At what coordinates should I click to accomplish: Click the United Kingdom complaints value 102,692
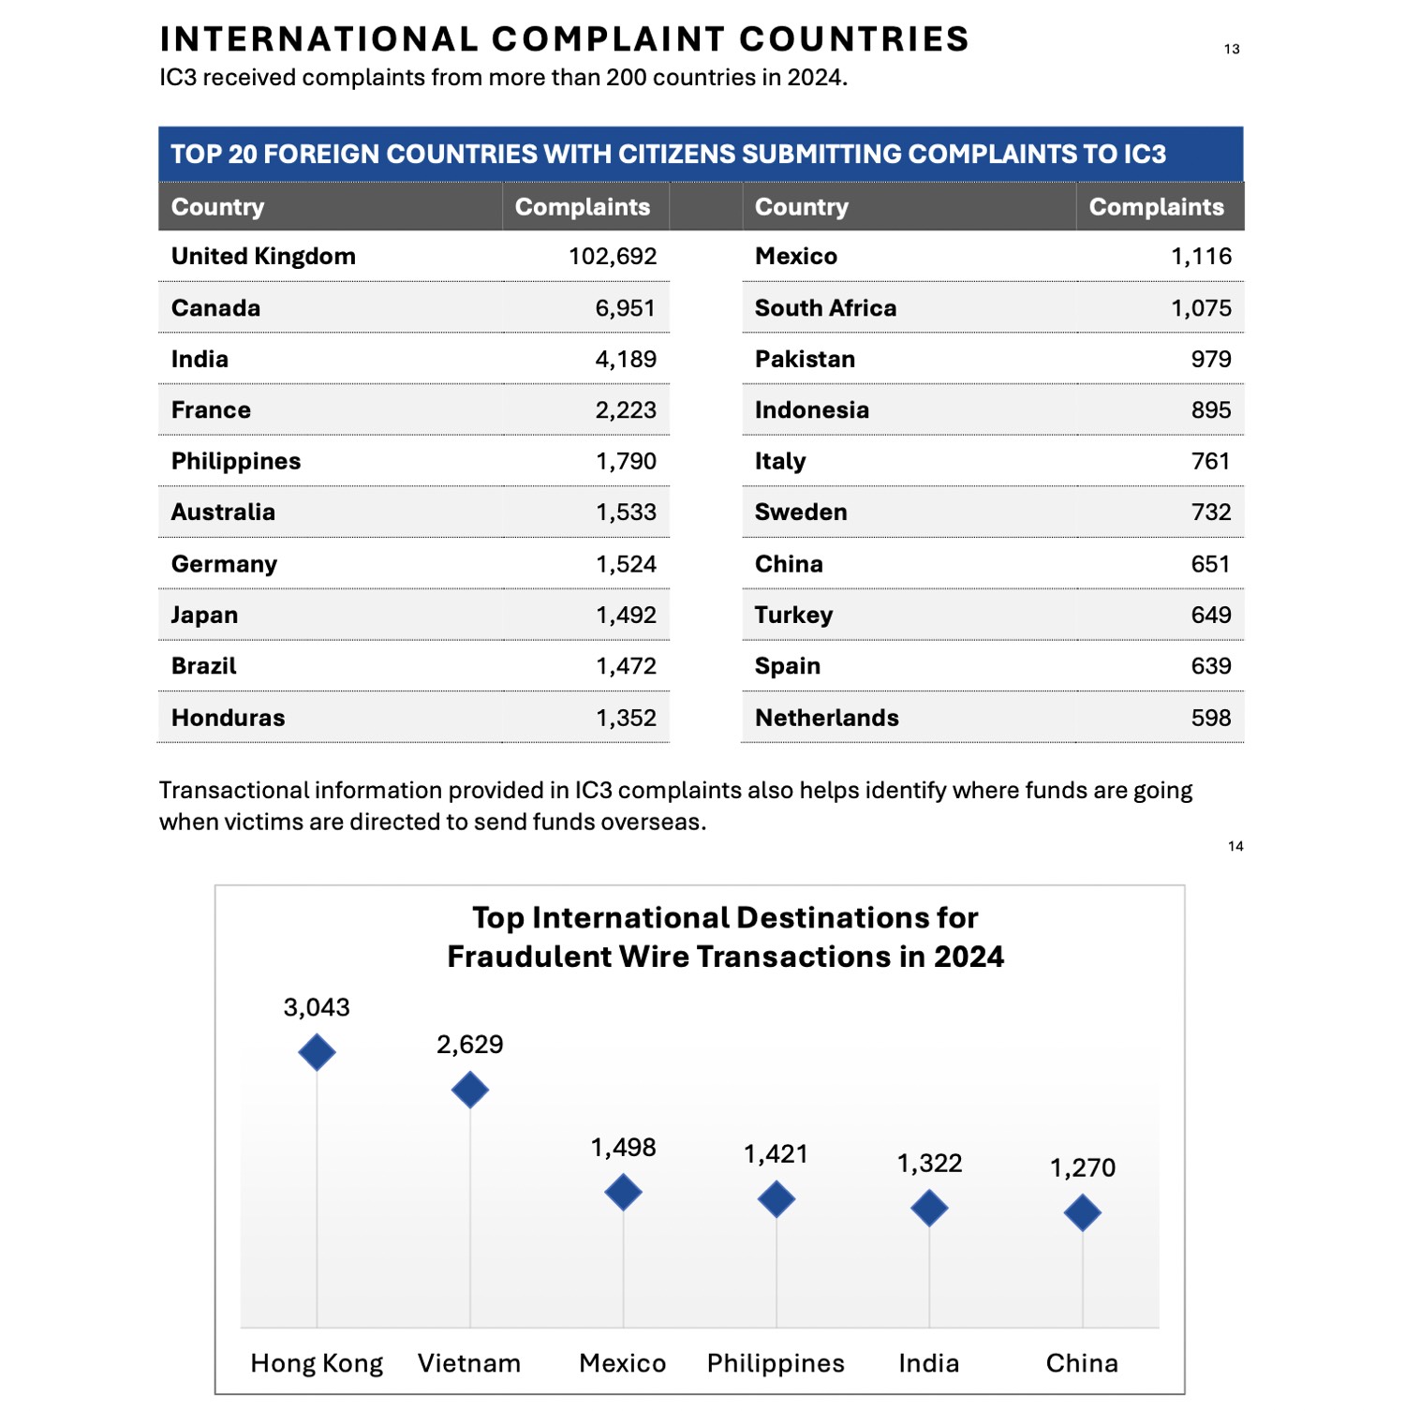coord(613,257)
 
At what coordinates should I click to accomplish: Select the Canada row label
coord(215,308)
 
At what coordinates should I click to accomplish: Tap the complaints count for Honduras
coord(627,719)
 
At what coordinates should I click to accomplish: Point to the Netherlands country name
coord(827,718)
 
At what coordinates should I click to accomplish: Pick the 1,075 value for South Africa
coord(1202,308)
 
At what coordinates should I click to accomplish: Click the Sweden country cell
coord(801,512)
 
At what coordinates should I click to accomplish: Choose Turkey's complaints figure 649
coord(1211,616)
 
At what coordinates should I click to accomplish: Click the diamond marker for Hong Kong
coord(317,1052)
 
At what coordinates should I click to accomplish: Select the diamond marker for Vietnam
coord(470,1090)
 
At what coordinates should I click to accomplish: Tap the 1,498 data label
coord(623,1148)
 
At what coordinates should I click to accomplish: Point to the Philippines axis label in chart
coord(776,1363)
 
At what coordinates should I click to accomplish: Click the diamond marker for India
coord(929,1209)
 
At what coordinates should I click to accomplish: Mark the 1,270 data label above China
coord(1083,1168)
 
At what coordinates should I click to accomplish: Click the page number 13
coord(1232,49)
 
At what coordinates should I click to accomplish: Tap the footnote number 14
coord(1235,846)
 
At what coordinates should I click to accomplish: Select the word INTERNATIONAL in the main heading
coord(319,39)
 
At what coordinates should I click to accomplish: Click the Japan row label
coord(204,616)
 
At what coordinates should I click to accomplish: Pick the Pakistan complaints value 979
coord(1211,360)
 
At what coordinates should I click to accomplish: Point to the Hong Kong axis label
coord(317,1364)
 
